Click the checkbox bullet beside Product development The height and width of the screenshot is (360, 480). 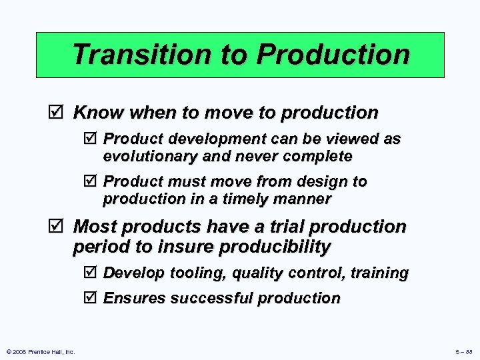pyautogui.click(x=92, y=139)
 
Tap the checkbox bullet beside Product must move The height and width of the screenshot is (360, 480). pyautogui.click(x=92, y=181)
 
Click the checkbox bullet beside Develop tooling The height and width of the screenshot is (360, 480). pyautogui.click(x=92, y=273)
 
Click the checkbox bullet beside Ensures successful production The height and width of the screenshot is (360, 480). pyautogui.click(x=92, y=298)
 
